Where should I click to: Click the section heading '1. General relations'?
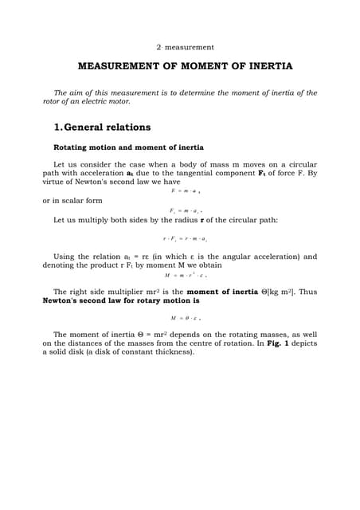[102, 127]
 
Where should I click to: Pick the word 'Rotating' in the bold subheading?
[72, 148]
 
